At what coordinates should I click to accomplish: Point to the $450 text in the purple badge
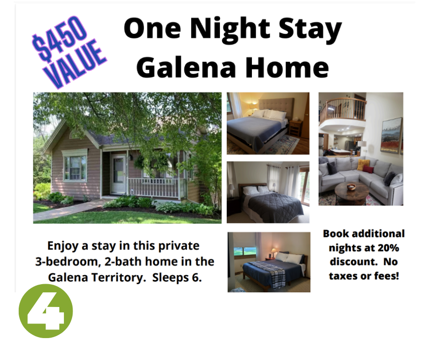pyautogui.click(x=60, y=38)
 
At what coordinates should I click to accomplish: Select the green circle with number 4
pyautogui.click(x=46, y=311)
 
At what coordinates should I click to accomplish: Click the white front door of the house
pyautogui.click(x=119, y=174)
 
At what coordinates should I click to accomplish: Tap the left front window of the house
pyautogui.click(x=75, y=167)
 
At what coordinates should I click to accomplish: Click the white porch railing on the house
pyautogui.click(x=153, y=188)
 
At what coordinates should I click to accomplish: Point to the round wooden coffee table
pyautogui.click(x=351, y=192)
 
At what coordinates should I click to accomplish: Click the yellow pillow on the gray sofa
pyautogui.click(x=363, y=164)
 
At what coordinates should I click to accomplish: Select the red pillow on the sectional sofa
pyautogui.click(x=368, y=169)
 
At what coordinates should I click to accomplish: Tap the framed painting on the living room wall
pyautogui.click(x=391, y=135)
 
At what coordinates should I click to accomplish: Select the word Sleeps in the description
pyautogui.click(x=170, y=277)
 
